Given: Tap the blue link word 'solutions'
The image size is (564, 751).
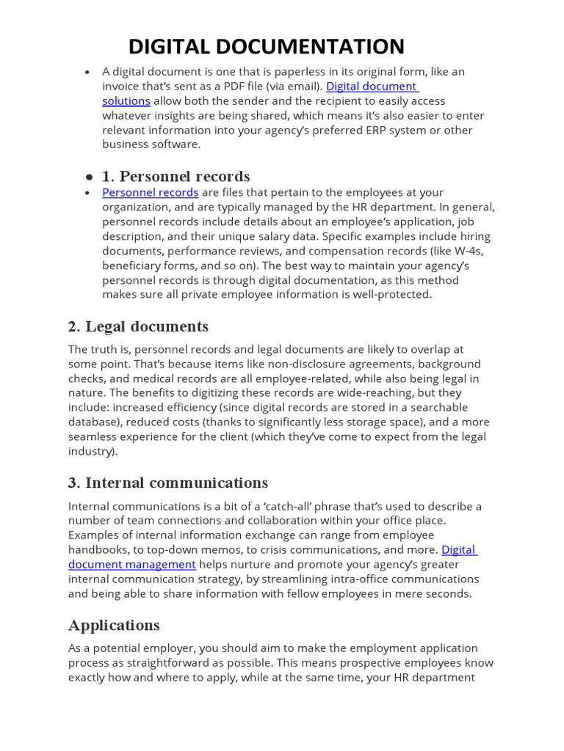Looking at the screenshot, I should [x=126, y=100].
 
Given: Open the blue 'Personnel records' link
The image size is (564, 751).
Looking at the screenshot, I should [x=151, y=192].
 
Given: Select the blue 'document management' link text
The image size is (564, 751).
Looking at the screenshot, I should [x=132, y=564].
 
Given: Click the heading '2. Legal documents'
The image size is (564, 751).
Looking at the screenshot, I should [x=138, y=326].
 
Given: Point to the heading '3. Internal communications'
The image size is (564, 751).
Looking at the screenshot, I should [x=168, y=483].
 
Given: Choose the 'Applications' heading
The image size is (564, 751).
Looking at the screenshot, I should [x=114, y=625].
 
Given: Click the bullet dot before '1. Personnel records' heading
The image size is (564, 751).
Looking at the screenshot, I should [x=89, y=177].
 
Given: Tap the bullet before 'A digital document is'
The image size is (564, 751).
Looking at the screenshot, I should [x=87, y=72].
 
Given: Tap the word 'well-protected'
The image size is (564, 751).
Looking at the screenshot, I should [x=394, y=294].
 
